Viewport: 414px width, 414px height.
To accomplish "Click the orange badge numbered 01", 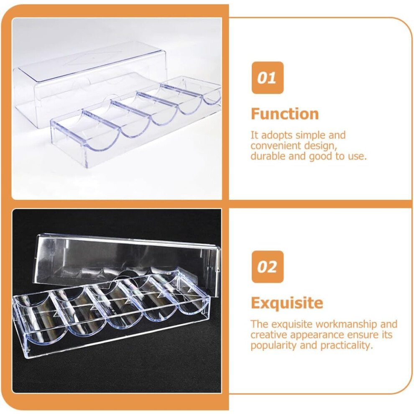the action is (x=268, y=78).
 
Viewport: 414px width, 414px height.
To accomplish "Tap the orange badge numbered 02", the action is (x=268, y=267).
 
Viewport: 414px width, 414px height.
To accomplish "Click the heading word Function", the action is (x=285, y=114).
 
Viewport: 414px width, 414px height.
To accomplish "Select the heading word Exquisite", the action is (x=287, y=303).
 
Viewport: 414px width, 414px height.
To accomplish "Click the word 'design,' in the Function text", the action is (x=320, y=146).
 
